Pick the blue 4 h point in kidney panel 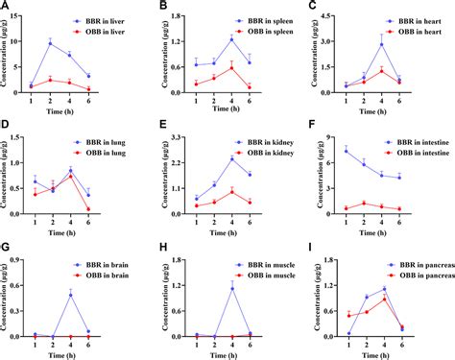coord(231,158)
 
